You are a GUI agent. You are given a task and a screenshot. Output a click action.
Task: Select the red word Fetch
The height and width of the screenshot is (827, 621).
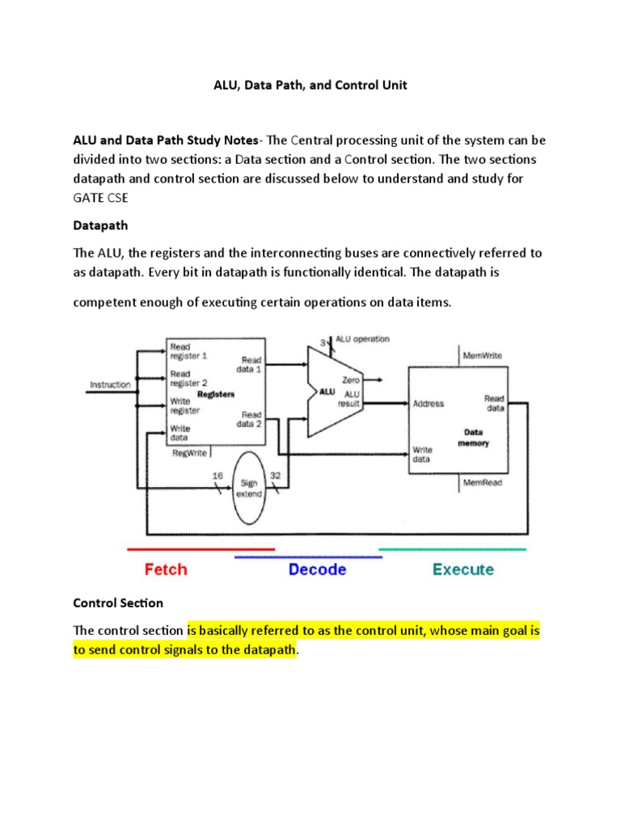click(165, 569)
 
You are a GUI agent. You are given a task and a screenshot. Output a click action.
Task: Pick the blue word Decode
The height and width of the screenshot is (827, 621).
click(317, 569)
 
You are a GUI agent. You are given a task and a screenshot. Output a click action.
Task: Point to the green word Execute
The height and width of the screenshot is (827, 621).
click(463, 569)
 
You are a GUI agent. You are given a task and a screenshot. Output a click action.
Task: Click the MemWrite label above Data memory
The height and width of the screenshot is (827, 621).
click(483, 355)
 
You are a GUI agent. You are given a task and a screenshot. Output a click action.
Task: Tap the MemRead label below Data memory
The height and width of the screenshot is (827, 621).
click(482, 483)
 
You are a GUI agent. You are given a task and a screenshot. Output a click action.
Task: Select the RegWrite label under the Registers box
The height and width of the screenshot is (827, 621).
click(189, 453)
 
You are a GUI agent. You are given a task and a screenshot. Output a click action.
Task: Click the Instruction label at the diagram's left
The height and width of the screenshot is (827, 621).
click(110, 384)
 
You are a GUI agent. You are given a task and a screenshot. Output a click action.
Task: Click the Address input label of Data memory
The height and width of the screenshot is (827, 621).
click(429, 404)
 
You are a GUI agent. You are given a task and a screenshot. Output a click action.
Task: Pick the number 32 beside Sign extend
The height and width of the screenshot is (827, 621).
click(275, 476)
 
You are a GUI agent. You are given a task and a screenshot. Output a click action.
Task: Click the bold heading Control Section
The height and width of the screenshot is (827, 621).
click(118, 602)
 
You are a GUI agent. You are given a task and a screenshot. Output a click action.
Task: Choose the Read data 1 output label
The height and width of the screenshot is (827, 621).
click(250, 363)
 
